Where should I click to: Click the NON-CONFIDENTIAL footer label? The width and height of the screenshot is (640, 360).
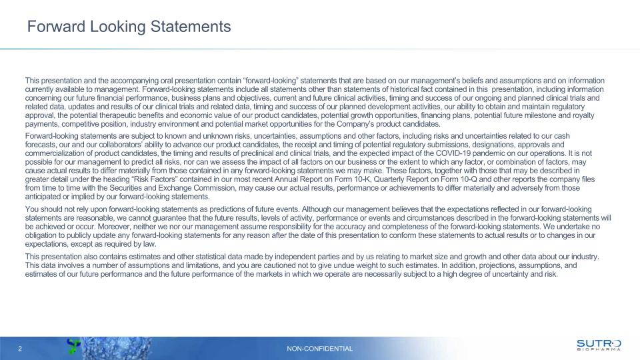click(x=320, y=349)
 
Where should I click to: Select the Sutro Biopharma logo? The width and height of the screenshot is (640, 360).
click(x=598, y=345)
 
